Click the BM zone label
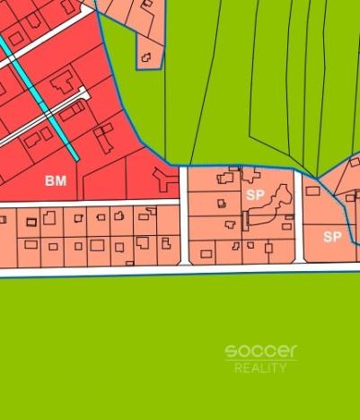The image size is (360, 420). coord(56,180)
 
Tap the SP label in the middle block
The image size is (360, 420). coord(254,193)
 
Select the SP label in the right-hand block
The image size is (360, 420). coord(332,236)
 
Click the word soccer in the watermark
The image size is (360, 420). coord(260,351)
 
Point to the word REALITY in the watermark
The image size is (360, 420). coord(260,368)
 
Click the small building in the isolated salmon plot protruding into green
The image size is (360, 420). coord(145,58)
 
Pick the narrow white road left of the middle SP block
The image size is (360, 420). coord(183,215)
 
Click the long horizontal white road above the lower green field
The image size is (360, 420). coord(180,269)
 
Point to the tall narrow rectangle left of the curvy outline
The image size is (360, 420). coord(244,221)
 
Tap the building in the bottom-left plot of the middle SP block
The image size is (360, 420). coord(206,254)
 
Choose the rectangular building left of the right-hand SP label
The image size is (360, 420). coord(312,190)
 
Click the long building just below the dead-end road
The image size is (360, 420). coord(72,112)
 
